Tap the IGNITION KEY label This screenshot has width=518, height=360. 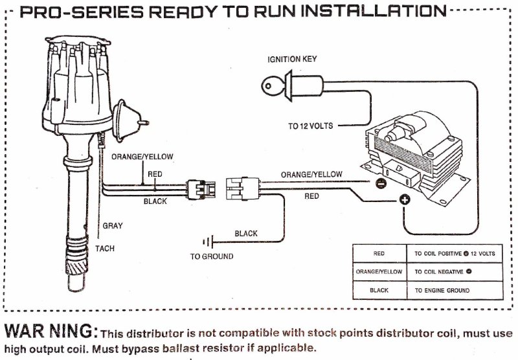point(293,60)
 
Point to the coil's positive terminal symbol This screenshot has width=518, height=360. point(404,200)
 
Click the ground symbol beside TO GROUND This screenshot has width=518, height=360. point(207,242)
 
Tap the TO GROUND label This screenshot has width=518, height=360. point(211,256)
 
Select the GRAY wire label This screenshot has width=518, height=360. point(113,226)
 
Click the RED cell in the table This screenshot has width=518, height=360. point(379,253)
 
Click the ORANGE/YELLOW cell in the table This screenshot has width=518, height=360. point(379,272)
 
